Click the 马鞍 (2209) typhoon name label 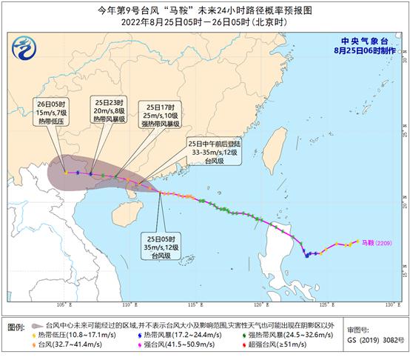tap(374, 241)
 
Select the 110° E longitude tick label tap(127, 304)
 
